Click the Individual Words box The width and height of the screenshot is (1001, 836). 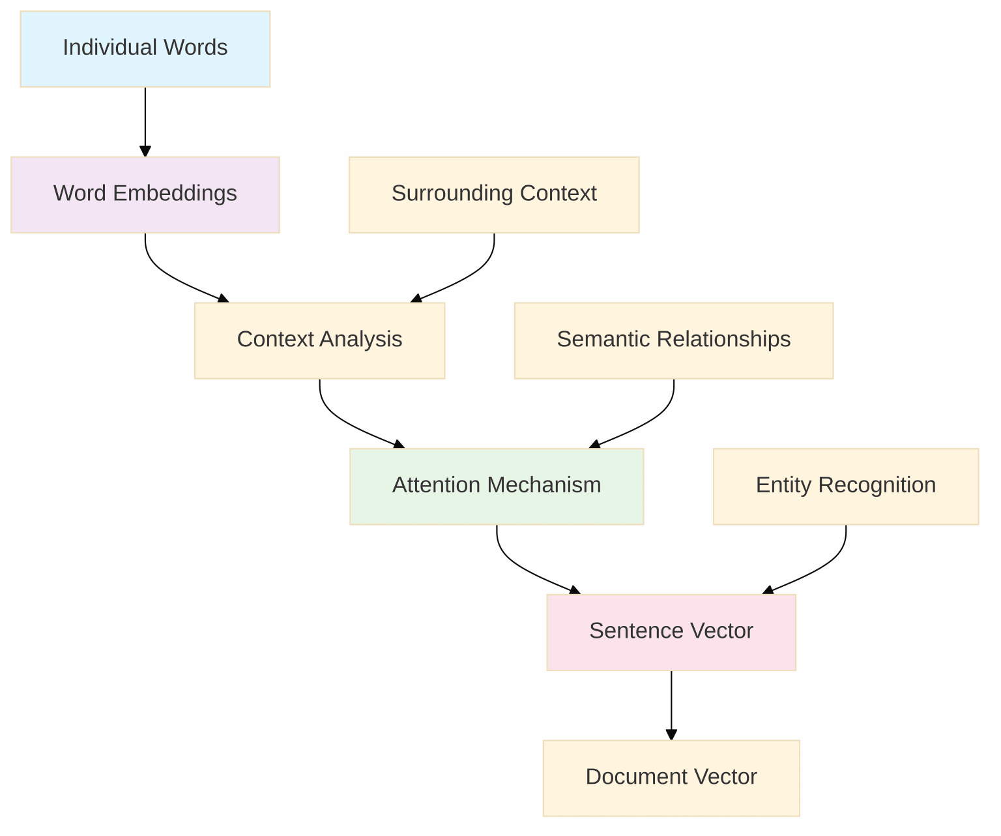tap(145, 49)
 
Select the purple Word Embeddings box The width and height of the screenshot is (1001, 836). tap(145, 194)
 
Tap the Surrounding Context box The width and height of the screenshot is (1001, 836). tap(494, 194)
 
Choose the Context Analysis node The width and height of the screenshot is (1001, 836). tap(319, 340)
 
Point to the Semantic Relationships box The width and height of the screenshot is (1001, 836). tap(673, 340)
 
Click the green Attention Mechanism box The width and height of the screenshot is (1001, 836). tap(497, 486)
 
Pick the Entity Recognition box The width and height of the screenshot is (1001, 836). tap(845, 486)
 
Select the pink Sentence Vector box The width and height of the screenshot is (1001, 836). tap(671, 632)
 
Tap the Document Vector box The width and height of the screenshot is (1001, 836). tap(671, 778)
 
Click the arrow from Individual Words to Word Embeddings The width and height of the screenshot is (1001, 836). tap(145, 121)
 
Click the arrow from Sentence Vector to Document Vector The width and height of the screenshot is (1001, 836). tap(671, 705)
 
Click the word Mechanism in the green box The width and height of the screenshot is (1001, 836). tap(544, 485)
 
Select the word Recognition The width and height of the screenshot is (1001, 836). tap(877, 485)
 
